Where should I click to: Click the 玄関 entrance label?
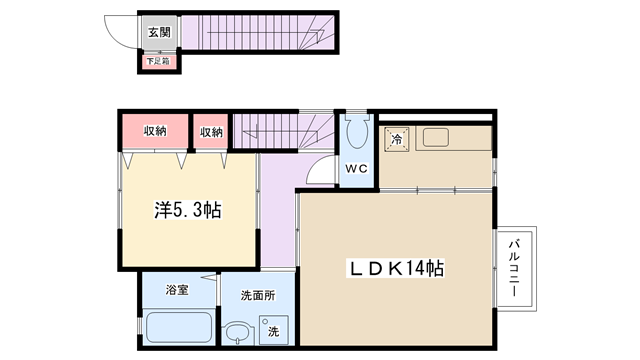coord(159,32)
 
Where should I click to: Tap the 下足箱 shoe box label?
coord(158,62)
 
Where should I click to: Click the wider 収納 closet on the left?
coord(155,131)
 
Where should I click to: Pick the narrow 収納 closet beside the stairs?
coord(211,131)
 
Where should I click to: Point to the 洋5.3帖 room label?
coord(188,210)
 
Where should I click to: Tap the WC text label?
coord(357,168)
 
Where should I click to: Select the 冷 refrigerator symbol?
coord(396,139)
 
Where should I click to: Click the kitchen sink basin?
coord(436,138)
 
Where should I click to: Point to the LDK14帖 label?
coord(396,268)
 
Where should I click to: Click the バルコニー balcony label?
coord(514,268)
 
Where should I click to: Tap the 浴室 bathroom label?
coord(177,290)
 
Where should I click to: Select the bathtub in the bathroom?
coord(179,327)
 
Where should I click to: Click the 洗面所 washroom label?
coord(258,295)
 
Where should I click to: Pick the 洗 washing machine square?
coord(274,330)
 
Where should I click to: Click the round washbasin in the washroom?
coord(239,333)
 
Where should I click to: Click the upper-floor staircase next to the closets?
coord(283,131)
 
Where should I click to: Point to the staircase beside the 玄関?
coord(258,33)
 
